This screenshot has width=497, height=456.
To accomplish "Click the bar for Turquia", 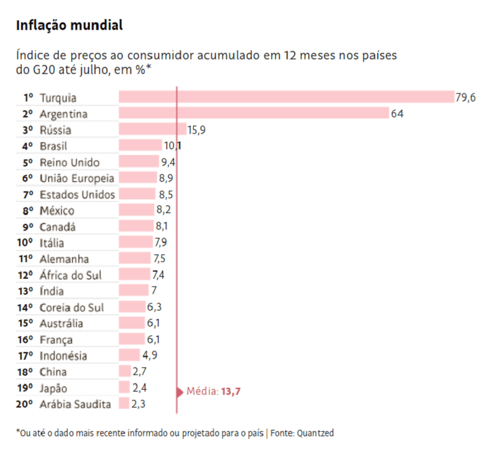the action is [287, 97].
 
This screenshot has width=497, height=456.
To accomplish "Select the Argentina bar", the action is [254, 113].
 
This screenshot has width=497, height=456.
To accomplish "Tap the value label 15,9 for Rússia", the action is [196, 130].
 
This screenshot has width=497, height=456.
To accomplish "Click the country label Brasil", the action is [54, 146].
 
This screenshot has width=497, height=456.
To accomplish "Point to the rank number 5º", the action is [27, 163].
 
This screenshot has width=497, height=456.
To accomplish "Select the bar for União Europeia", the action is [138, 177].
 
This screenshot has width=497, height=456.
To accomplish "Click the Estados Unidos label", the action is [77, 195].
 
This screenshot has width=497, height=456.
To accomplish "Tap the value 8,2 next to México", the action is [164, 209].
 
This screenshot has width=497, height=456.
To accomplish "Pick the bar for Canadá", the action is [136, 226].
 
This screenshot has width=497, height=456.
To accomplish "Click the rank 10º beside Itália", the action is [25, 243].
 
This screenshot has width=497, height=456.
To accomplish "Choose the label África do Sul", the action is [70, 275].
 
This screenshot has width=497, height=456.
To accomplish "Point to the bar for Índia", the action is [134, 290].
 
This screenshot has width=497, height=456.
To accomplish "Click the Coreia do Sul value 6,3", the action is [154, 307].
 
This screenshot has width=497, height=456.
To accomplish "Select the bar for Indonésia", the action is [129, 355].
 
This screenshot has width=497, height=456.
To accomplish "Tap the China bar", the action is [125, 371].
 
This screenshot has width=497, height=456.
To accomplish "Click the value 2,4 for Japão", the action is [140, 388].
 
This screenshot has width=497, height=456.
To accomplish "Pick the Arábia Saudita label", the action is [75, 404].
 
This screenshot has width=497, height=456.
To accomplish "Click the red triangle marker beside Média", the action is [180, 392].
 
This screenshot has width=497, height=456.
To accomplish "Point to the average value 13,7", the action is [231, 392].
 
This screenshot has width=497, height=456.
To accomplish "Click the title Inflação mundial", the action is [69, 25].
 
